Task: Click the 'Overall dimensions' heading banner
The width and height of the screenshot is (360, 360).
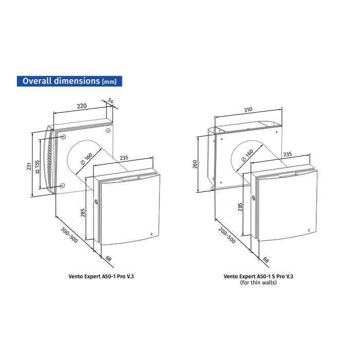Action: tap(69, 81)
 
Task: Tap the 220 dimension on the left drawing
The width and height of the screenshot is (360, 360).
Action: tap(82, 106)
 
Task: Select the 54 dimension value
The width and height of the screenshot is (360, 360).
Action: tap(111, 101)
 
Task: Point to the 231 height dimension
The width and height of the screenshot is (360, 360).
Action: tap(29, 166)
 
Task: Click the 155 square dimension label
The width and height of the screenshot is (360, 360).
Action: tap(37, 167)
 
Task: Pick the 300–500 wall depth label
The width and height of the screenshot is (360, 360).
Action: tap(69, 235)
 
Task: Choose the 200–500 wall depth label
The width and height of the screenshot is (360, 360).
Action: tap(227, 235)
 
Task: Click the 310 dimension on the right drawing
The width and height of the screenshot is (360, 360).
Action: tap(248, 110)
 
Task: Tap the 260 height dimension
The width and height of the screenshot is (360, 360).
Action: tap(195, 164)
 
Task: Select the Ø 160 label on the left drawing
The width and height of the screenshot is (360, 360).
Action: tap(86, 158)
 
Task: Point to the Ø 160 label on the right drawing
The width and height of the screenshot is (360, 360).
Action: tap(247, 155)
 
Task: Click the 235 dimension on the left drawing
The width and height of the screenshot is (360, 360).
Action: tap(124, 158)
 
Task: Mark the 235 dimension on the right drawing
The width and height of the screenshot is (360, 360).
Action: tap(287, 154)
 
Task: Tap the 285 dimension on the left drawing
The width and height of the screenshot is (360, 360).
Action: tap(83, 212)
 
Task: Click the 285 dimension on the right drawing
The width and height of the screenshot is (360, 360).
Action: tap(240, 207)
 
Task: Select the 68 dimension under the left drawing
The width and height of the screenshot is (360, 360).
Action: tap(109, 259)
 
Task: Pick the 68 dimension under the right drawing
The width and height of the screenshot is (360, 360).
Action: tap(266, 260)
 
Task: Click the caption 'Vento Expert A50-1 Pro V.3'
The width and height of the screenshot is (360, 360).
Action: tap(101, 276)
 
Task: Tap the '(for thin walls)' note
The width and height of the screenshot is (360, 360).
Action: tap(258, 282)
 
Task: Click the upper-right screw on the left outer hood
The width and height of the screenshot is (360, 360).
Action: tap(107, 131)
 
